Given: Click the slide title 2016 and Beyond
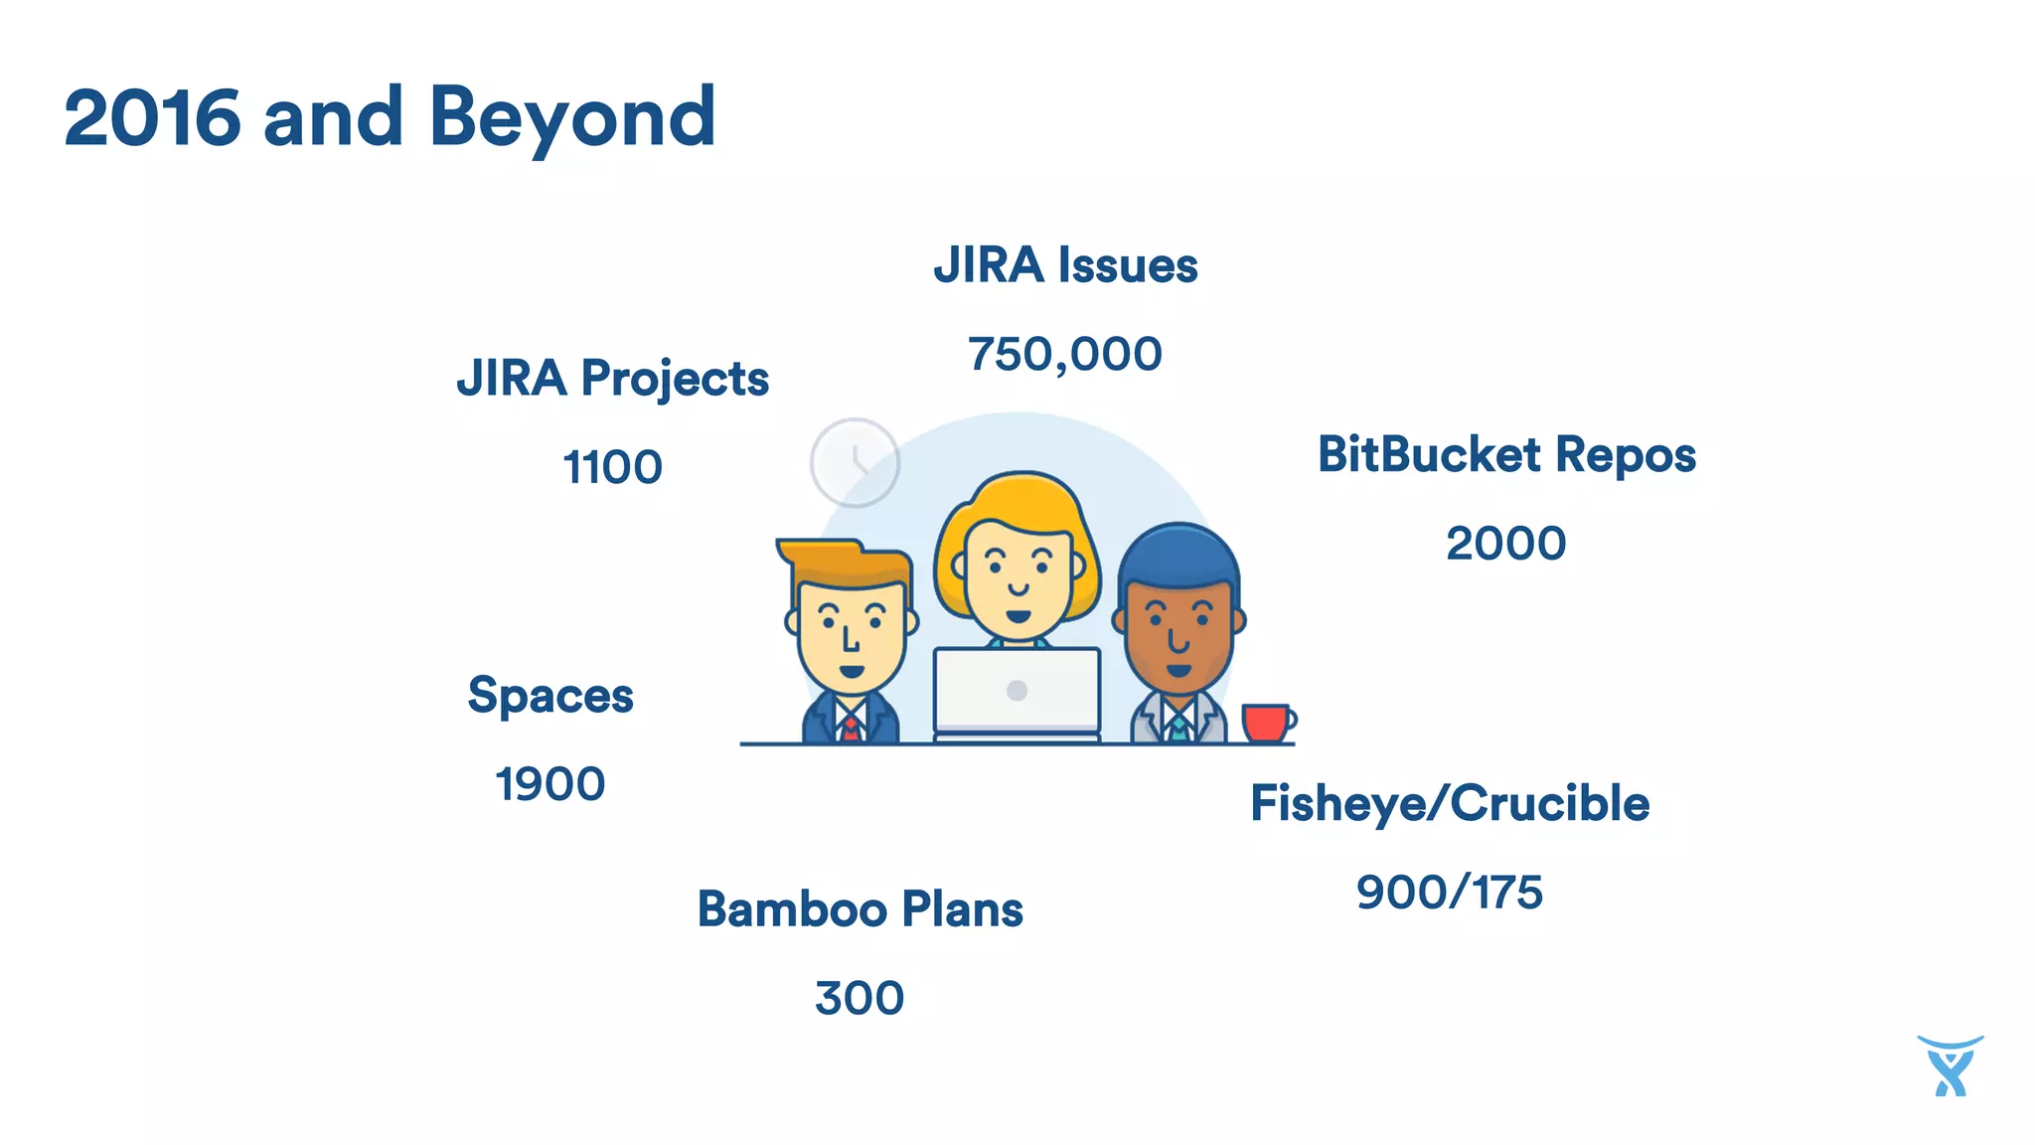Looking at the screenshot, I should [x=390, y=118].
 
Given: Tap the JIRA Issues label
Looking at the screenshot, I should [x=1065, y=265].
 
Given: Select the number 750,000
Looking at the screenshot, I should [x=1065, y=355].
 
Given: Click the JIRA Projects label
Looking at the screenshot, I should [x=612, y=379].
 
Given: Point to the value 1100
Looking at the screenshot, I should [x=612, y=467].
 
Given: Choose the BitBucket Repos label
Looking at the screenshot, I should [x=1506, y=455].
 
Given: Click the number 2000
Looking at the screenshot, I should [x=1506, y=544].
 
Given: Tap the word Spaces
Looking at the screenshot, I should [x=550, y=695].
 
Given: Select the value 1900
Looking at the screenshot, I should [x=550, y=784].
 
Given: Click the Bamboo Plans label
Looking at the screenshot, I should [x=860, y=909].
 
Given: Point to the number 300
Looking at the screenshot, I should [x=860, y=998].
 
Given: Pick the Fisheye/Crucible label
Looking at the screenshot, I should [x=1450, y=803].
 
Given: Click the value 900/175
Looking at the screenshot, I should [x=1450, y=893].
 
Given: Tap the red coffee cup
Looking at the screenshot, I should [x=1266, y=723].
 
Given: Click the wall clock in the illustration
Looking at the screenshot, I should [x=855, y=463].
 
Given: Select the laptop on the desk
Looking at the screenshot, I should [x=1017, y=693].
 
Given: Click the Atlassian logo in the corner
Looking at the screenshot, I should [x=1950, y=1066].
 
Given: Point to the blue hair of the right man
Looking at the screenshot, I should [x=1179, y=554].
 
